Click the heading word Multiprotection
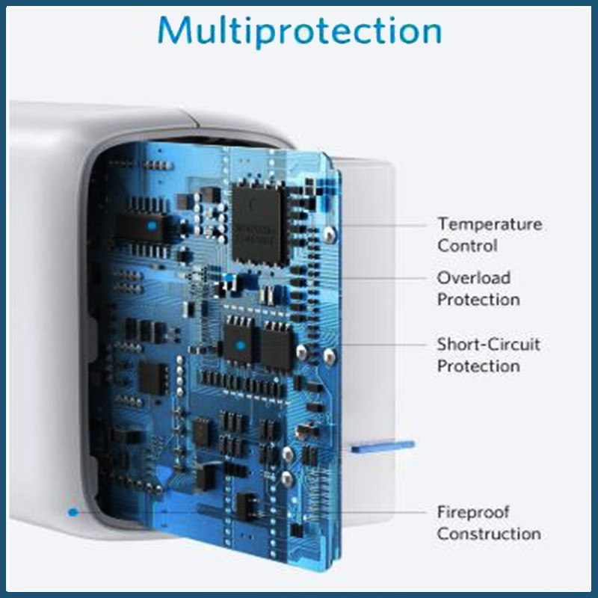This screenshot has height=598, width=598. (x=300, y=31)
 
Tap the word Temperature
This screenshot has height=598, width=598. (x=490, y=224)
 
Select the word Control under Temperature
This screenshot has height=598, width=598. (x=467, y=245)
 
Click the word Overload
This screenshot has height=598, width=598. (x=474, y=277)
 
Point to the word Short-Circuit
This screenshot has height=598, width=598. (x=489, y=345)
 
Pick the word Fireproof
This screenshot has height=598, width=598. (x=473, y=512)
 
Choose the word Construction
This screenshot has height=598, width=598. (x=489, y=534)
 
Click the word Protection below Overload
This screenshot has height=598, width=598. (x=478, y=299)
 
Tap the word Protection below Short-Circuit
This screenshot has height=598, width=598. (x=478, y=366)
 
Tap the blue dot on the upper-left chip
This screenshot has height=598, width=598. (x=152, y=224)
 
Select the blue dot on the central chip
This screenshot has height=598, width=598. (x=241, y=345)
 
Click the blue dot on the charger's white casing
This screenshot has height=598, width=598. (x=73, y=512)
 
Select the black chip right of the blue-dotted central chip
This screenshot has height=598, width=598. (x=277, y=345)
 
